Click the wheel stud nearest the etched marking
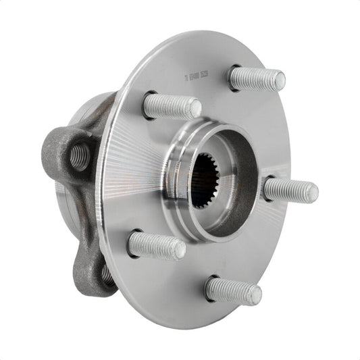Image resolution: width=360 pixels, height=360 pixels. pyautogui.click(x=255, y=78)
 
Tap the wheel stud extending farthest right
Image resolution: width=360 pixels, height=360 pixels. pyautogui.click(x=289, y=190)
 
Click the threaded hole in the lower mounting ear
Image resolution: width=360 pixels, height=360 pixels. pyautogui.click(x=107, y=273)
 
